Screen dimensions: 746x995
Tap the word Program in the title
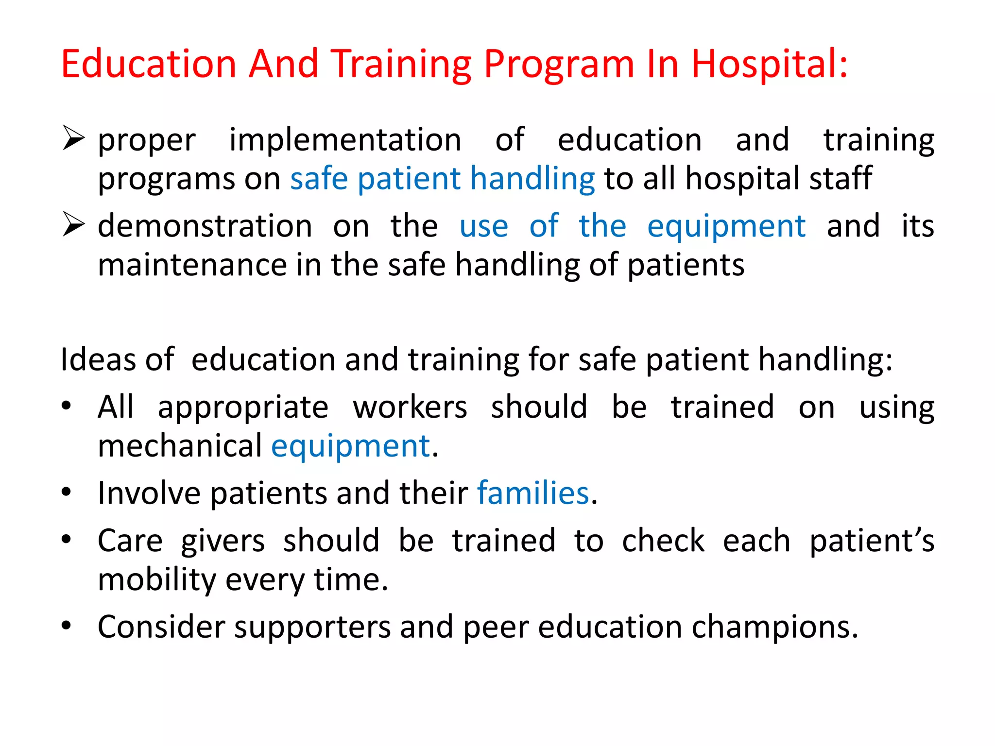559,64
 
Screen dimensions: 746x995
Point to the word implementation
345,141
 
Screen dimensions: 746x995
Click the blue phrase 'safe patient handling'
442,179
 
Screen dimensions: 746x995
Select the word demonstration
205,226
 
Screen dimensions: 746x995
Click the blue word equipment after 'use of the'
726,227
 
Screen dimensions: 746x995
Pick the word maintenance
192,265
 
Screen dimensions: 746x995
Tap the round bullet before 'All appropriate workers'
67,405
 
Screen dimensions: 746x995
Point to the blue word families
533,493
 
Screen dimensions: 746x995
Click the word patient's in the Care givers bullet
872,541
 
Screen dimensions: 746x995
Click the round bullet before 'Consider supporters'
67,626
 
